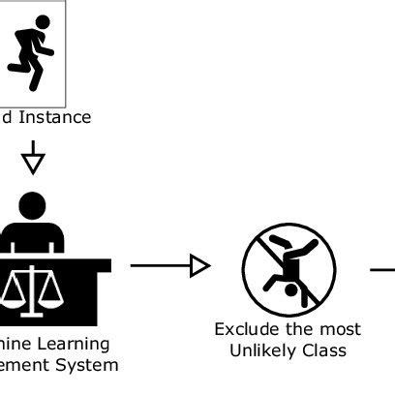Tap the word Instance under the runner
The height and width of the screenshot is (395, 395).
pos(58,117)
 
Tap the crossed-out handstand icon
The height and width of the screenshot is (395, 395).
pos(288,265)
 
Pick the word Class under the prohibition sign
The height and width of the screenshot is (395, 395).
pos(325,349)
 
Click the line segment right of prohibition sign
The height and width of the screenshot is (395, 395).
pos(383,266)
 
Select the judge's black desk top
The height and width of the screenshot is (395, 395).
pos(58,263)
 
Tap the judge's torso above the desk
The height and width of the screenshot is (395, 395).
pos(34,238)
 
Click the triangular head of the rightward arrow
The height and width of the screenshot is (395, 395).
pos(200,264)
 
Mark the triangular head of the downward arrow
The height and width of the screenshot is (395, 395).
pos(34,163)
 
